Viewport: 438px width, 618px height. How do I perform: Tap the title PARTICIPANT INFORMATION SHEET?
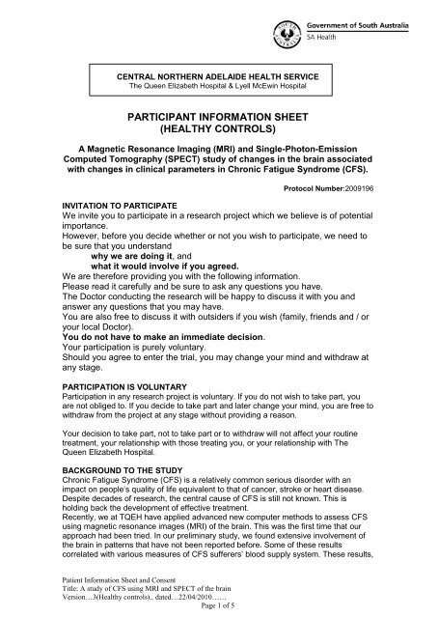pos(218,116)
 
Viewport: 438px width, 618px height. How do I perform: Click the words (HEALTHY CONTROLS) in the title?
pos(218,130)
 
